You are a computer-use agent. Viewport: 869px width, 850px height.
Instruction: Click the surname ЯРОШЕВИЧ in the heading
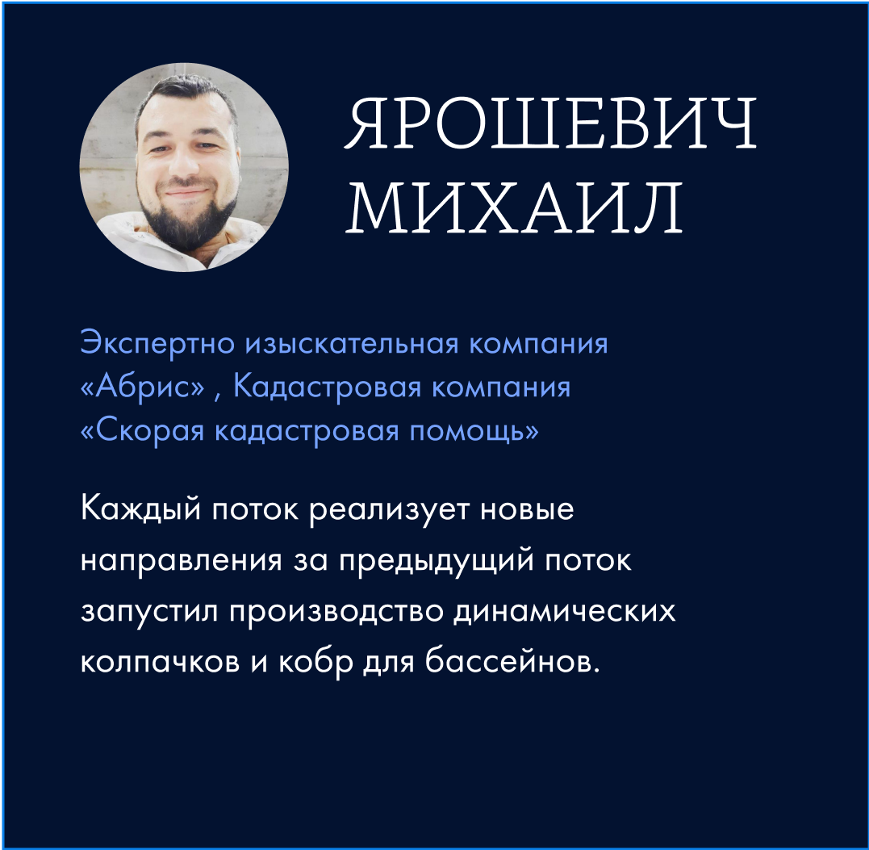tap(550, 123)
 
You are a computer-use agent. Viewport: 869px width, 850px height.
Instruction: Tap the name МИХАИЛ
tap(514, 207)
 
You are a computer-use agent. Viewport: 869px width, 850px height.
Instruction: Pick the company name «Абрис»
tap(143, 387)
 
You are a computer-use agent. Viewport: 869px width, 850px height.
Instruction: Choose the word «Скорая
tap(143, 431)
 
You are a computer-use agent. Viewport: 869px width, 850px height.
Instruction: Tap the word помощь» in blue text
tap(474, 431)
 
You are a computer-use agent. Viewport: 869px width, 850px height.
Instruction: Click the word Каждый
tap(140, 509)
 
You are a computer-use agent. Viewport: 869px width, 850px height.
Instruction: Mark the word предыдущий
tap(437, 560)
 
